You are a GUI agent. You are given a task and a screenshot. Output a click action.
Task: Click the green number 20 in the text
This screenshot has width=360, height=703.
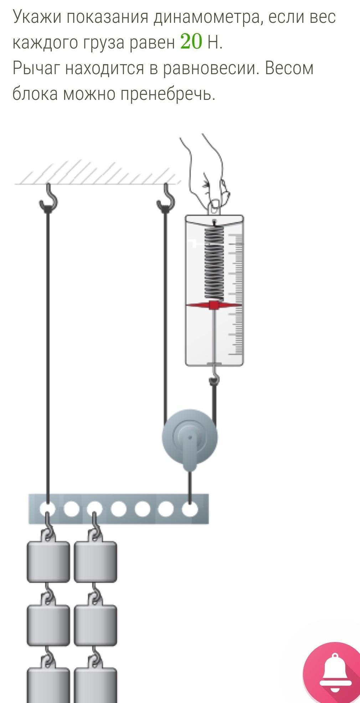pos(191,42)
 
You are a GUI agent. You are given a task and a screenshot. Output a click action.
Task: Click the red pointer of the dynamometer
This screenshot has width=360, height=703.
pos(214,305)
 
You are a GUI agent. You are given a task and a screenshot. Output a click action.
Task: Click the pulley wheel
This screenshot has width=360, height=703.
pos(190,437)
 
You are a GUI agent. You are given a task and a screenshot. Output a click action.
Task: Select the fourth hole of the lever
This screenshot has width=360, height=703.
pos(118,509)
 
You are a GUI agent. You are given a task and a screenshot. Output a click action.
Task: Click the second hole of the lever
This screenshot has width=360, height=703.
pos(71,509)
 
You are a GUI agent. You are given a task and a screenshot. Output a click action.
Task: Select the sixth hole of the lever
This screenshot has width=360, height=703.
pos(166,509)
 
